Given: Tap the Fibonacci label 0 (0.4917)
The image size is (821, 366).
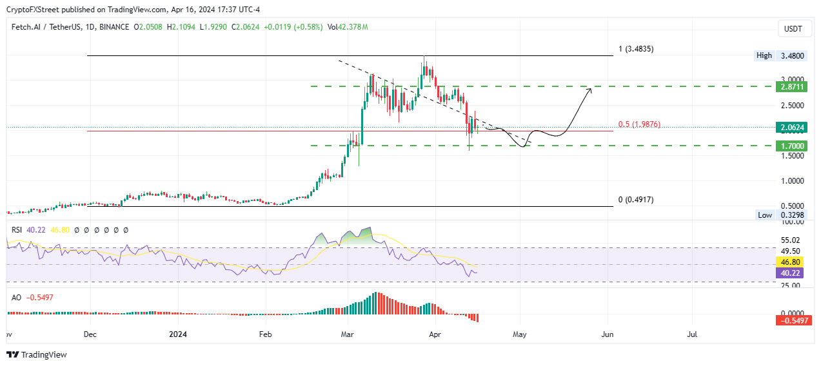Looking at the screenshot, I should tap(635, 200).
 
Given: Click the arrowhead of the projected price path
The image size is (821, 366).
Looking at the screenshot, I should tap(589, 90).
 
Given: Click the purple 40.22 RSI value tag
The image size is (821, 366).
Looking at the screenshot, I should tap(791, 273).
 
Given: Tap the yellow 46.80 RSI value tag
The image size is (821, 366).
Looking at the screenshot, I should tap(791, 262).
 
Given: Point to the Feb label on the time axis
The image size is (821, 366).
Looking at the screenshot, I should tap(264, 335).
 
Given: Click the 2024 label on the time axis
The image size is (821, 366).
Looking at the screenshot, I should tap(177, 335).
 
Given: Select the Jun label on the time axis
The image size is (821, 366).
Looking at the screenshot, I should tap(607, 335).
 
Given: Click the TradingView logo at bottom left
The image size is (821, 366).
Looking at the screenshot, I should tap(37, 354).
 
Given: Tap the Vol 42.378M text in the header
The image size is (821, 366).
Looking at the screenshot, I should tap(348, 27).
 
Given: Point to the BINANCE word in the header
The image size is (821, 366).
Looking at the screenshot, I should tap(114, 27).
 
